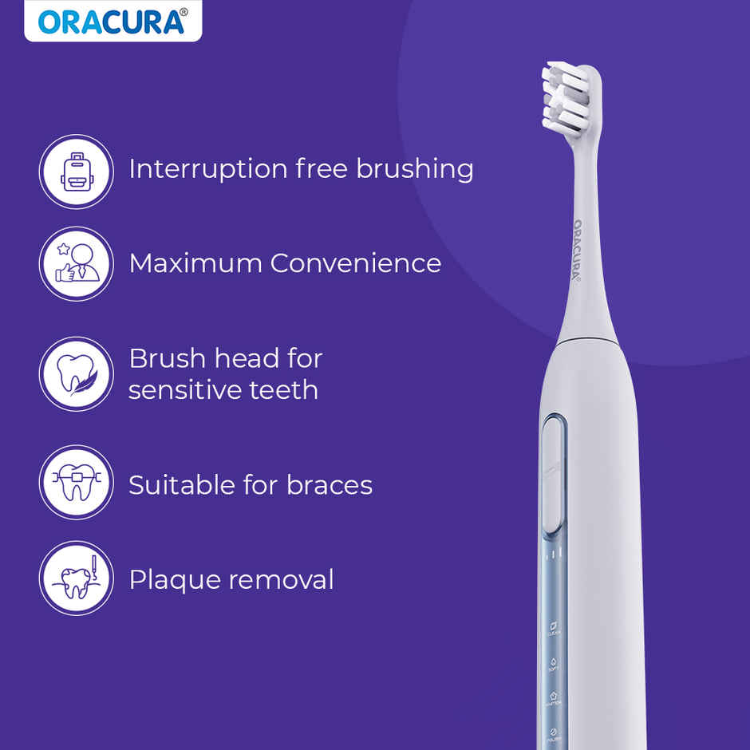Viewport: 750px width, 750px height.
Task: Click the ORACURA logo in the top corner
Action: click(112, 22)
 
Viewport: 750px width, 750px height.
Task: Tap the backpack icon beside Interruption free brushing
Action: click(76, 171)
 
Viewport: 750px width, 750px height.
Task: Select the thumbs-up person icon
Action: click(76, 264)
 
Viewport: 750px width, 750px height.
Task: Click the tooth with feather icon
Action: click(76, 373)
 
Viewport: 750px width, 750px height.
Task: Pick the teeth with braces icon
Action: click(76, 483)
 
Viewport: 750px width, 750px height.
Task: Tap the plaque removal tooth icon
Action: click(76, 578)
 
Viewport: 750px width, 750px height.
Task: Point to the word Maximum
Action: click(195, 263)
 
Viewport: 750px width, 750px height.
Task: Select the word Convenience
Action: click(355, 263)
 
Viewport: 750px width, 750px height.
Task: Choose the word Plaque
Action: click(167, 580)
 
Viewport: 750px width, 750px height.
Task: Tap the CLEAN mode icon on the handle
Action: click(553, 627)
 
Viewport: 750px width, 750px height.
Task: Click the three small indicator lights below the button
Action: click(554, 554)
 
